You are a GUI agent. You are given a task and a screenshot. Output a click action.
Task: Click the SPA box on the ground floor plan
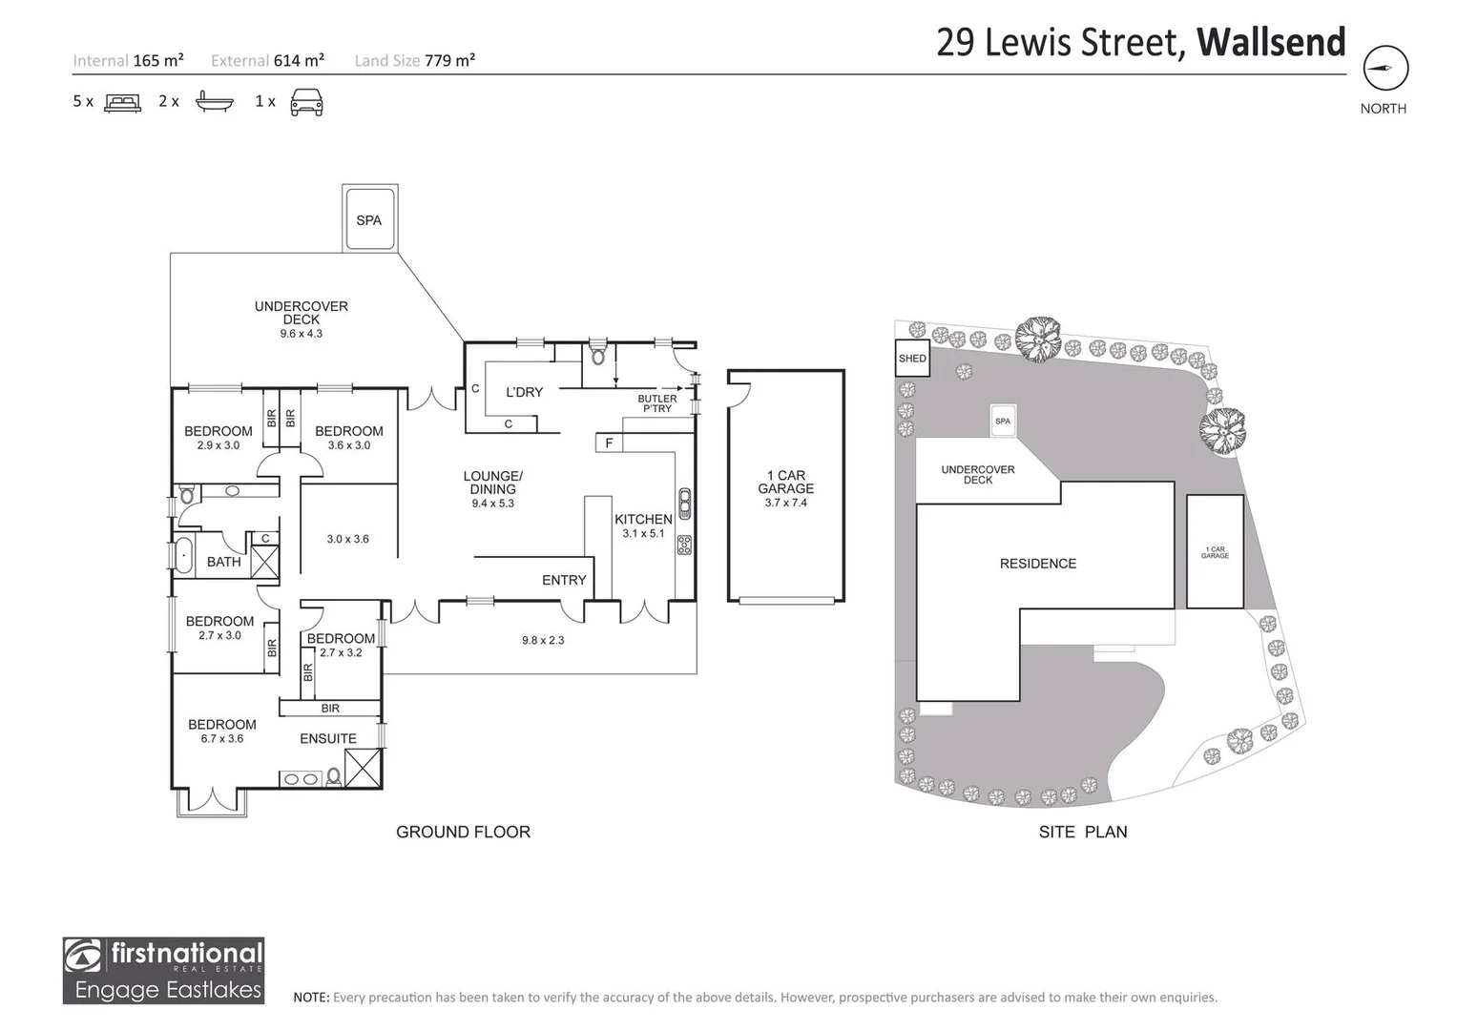(x=369, y=220)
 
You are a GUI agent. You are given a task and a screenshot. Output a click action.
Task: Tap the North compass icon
(x=1385, y=69)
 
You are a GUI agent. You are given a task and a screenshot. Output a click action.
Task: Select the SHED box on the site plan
(x=912, y=359)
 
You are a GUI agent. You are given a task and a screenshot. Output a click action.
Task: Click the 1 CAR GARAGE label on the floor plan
(x=786, y=482)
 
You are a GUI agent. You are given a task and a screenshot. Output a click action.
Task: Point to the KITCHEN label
(x=643, y=520)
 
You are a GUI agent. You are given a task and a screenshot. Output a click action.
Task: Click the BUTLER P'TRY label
(x=657, y=403)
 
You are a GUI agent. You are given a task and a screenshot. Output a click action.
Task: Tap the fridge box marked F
(x=609, y=443)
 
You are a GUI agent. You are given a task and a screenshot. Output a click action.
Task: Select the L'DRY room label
(x=524, y=392)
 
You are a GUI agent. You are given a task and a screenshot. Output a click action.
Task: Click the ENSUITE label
(x=328, y=738)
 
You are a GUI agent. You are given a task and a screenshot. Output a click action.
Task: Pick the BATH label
(x=224, y=562)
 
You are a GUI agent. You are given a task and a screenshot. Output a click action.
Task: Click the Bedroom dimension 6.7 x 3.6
(x=222, y=738)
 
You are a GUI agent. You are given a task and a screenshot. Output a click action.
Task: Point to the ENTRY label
(x=564, y=580)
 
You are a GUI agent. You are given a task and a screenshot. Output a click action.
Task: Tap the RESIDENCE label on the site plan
(x=1037, y=564)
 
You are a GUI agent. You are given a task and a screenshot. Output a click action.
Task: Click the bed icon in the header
(x=122, y=102)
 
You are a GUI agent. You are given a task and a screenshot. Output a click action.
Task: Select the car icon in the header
(x=306, y=101)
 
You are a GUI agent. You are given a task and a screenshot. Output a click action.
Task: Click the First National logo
(x=163, y=970)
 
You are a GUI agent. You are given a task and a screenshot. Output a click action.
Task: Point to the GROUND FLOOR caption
(x=463, y=832)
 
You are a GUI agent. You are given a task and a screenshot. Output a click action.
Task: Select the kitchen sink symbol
(x=684, y=502)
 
